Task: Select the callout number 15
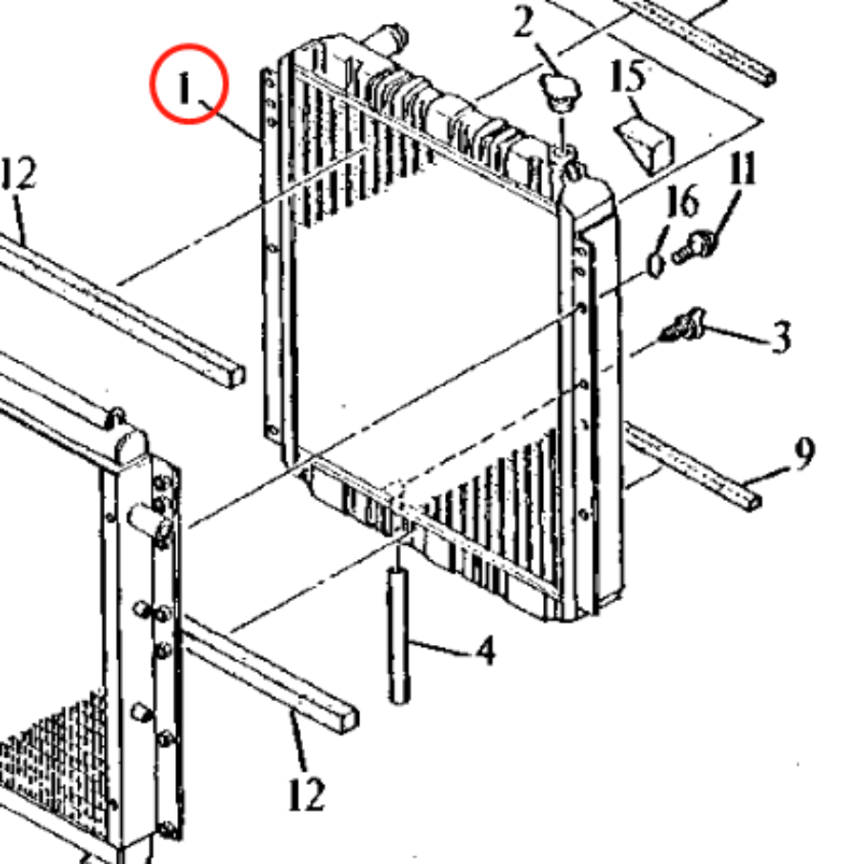[x=629, y=78]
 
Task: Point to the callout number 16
[x=682, y=202]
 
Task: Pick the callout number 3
[x=780, y=337]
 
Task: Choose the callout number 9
[x=805, y=455]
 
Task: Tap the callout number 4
[x=485, y=652]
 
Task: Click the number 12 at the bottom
[x=306, y=793]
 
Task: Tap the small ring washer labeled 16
[x=656, y=261]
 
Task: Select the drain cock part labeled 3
[x=680, y=330]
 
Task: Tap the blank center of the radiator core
[x=419, y=333]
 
